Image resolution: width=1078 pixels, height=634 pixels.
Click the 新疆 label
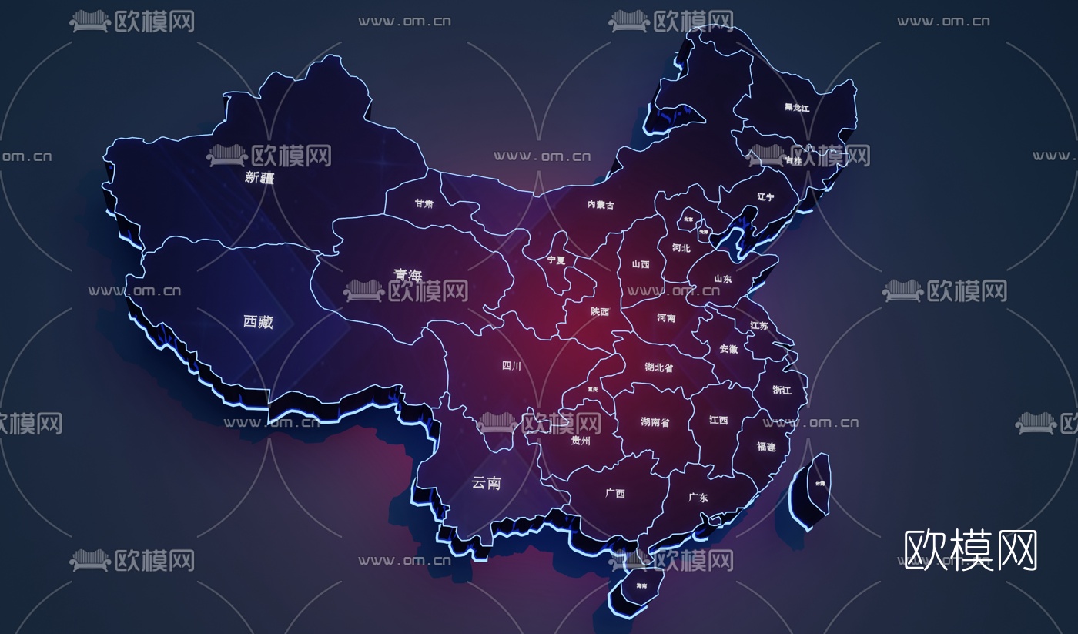pyautogui.click(x=259, y=178)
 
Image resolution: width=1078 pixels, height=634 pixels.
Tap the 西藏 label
pyautogui.click(x=258, y=321)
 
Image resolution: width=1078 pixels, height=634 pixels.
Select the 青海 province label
pyautogui.click(x=407, y=275)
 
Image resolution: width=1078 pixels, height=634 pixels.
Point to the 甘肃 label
pyautogui.click(x=424, y=204)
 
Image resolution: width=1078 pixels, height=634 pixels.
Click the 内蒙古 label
pyautogui.click(x=601, y=205)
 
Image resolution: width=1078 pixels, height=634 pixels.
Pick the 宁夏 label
pyautogui.click(x=556, y=260)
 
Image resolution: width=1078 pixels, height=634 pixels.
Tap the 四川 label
pyautogui.click(x=511, y=366)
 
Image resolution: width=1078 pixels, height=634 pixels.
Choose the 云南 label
pyautogui.click(x=486, y=483)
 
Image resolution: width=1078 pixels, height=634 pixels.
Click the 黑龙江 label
pyautogui.click(x=797, y=108)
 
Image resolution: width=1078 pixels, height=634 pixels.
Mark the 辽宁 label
pyautogui.click(x=765, y=196)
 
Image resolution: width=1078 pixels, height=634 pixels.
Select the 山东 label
pyautogui.click(x=722, y=279)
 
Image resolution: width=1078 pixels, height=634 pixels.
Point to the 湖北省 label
pyautogui.click(x=659, y=367)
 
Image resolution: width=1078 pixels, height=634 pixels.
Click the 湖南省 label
pyautogui.click(x=654, y=421)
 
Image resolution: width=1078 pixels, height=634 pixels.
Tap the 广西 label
pyautogui.click(x=615, y=494)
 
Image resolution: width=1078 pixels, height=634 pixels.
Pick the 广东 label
pyautogui.click(x=698, y=498)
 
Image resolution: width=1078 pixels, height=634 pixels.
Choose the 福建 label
pyautogui.click(x=766, y=447)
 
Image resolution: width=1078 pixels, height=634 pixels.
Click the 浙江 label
pyautogui.click(x=782, y=390)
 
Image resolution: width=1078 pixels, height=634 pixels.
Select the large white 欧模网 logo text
pyautogui.click(x=970, y=550)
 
